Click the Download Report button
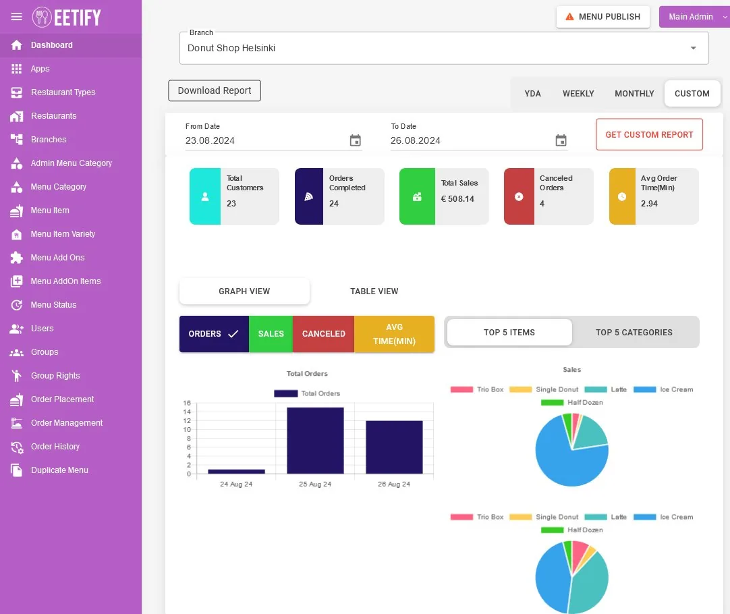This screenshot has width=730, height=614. (x=214, y=90)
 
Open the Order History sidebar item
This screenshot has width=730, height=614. (x=55, y=447)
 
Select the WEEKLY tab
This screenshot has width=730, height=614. (x=578, y=94)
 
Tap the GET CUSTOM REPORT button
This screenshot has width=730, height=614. (x=649, y=134)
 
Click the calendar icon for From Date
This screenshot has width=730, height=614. (x=356, y=140)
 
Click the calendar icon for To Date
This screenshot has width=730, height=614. (x=561, y=140)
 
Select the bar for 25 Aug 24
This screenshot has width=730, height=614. (x=315, y=441)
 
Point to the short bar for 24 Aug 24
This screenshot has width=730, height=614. (x=237, y=472)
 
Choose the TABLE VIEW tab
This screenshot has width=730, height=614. (x=374, y=291)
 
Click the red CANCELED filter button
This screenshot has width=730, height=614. (x=324, y=334)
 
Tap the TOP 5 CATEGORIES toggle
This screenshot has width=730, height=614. (x=634, y=333)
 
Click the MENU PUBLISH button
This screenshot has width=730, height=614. (x=603, y=17)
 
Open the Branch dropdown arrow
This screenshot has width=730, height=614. (x=693, y=48)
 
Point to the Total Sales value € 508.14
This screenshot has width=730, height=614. (x=457, y=199)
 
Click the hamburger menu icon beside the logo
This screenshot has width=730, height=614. (x=16, y=17)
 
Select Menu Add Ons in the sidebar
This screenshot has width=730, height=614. (x=57, y=258)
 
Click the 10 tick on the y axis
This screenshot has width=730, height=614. (x=187, y=430)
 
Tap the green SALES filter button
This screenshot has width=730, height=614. (x=271, y=334)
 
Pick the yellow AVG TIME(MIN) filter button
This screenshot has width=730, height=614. (x=394, y=334)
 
